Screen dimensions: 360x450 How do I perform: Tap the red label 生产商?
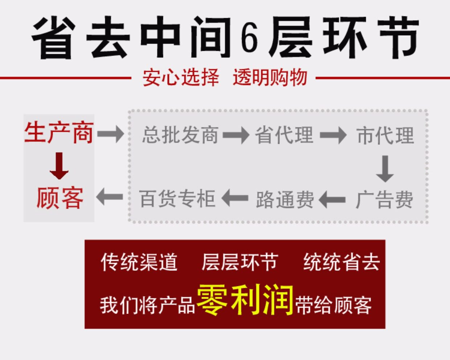pos(59,133)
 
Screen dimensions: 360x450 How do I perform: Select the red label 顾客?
pos(60,198)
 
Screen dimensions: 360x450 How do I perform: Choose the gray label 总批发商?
pos(180,135)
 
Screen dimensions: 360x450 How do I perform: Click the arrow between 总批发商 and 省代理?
pos(236,135)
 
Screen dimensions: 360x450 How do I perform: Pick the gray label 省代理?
pos(284,135)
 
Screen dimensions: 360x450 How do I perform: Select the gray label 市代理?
pos(385,135)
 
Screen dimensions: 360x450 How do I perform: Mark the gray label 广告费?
pos(384,200)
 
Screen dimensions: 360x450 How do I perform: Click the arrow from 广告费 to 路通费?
pos(332,200)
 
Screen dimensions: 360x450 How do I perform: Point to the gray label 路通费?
pos(285,200)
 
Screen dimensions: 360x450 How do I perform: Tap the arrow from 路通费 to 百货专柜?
pos(235,198)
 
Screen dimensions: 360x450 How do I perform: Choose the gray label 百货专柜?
pos(177,199)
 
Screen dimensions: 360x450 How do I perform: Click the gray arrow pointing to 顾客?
pos(110,197)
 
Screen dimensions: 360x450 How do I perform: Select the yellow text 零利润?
pos(245,299)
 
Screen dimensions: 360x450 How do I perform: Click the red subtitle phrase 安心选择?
pos(181,77)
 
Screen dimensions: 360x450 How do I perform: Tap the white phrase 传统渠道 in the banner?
pos(139,262)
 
